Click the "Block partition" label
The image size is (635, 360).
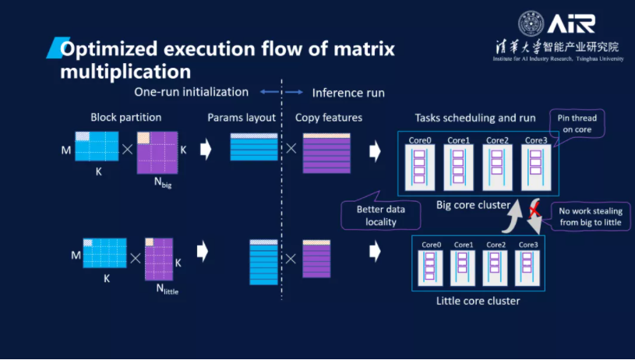click(x=125, y=118)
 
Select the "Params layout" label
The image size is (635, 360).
click(x=242, y=118)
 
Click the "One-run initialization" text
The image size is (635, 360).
click(x=192, y=92)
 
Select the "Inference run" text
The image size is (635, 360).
click(x=348, y=93)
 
